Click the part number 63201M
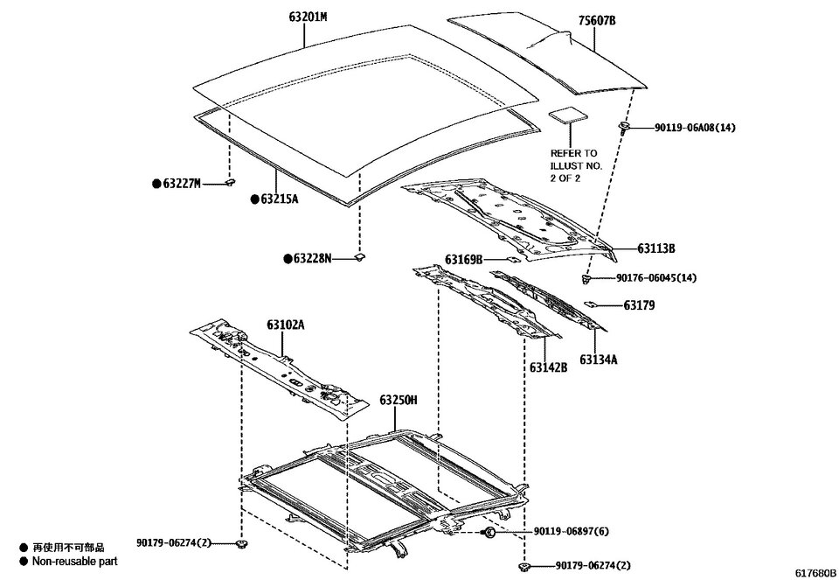pyautogui.click(x=308, y=17)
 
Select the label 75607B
pyautogui.click(x=597, y=20)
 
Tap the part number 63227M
pyautogui.click(x=182, y=184)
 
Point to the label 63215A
pyautogui.click(x=280, y=199)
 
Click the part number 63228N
pyautogui.click(x=312, y=259)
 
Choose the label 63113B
pyautogui.click(x=656, y=248)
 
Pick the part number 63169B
pyautogui.click(x=464, y=260)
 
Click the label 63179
pyautogui.click(x=639, y=305)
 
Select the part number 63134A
pyautogui.click(x=598, y=360)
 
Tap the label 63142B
pyautogui.click(x=549, y=367)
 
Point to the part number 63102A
pyautogui.click(x=286, y=325)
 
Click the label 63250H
pyautogui.click(x=399, y=400)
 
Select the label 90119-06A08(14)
pyautogui.click(x=695, y=128)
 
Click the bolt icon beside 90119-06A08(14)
pyautogui.click(x=624, y=127)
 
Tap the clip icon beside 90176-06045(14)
pyautogui.click(x=586, y=278)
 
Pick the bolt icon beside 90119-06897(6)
pyautogui.click(x=488, y=532)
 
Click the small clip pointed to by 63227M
pyautogui.click(x=231, y=183)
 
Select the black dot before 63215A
pyautogui.click(x=255, y=199)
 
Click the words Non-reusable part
pyautogui.click(x=75, y=562)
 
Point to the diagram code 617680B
pyautogui.click(x=815, y=572)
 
